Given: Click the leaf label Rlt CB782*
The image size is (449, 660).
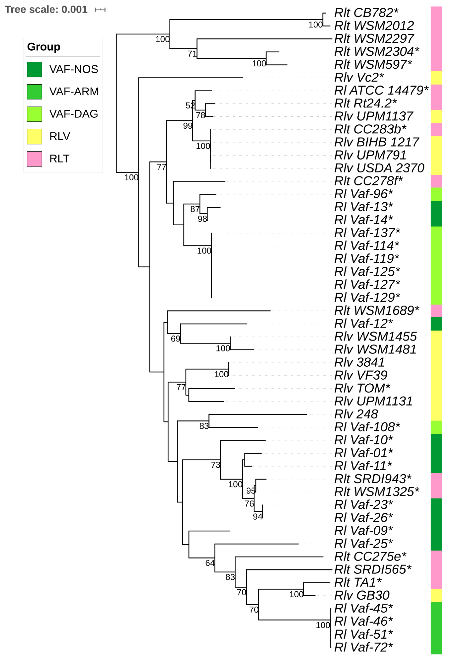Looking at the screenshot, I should (x=366, y=13).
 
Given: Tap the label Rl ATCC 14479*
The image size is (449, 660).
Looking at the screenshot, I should (x=381, y=91).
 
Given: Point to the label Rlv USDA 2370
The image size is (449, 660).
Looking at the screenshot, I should (x=379, y=168).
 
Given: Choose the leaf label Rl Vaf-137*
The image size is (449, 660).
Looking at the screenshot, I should (x=367, y=233).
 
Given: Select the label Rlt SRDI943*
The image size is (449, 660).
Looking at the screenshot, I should (x=373, y=479).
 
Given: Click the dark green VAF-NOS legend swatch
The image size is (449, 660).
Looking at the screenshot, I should (x=34, y=70).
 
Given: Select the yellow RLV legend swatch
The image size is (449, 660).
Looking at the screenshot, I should (x=34, y=137).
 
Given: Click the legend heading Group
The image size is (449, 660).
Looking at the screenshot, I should (x=44, y=47).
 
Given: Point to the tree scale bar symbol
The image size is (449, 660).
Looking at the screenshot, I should (x=100, y=10).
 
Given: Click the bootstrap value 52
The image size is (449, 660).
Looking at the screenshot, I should (x=190, y=106).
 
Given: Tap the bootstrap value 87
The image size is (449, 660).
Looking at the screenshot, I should (x=195, y=209).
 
